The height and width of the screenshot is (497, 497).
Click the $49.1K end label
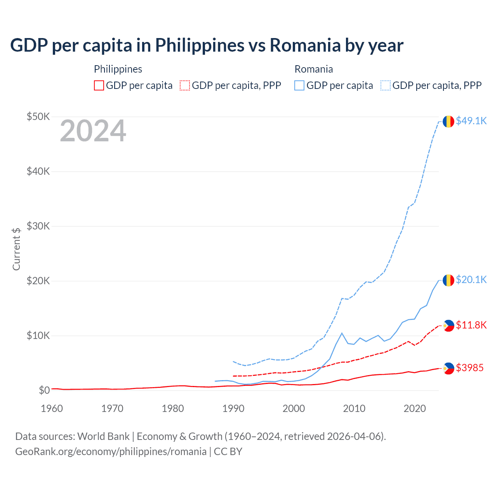pyautogui.click(x=471, y=121)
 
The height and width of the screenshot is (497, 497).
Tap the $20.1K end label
pyautogui.click(x=471, y=280)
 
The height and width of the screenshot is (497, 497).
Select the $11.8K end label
pyautogui.click(x=471, y=325)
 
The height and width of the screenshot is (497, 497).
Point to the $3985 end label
pyautogui.click(x=469, y=368)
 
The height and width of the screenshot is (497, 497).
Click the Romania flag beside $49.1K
pyautogui.click(x=448, y=121)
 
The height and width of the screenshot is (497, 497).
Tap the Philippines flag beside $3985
pyautogui.click(x=448, y=368)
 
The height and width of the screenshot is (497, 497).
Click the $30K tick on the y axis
pyautogui.click(x=38, y=226)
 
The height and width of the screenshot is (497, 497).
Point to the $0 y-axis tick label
pyautogui.click(x=44, y=390)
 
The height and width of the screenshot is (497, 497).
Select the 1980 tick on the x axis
pyautogui.click(x=173, y=408)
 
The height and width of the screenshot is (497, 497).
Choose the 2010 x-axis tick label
pyautogui.click(x=354, y=408)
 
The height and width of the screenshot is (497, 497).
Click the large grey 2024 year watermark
pyautogui.click(x=93, y=131)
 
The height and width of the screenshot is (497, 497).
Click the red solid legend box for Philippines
pyautogui.click(x=99, y=85)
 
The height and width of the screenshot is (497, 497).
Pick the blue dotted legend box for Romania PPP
pyautogui.click(x=386, y=85)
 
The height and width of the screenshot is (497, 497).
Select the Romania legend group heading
pyautogui.click(x=314, y=69)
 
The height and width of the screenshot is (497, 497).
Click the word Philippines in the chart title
pyautogui.click(x=200, y=45)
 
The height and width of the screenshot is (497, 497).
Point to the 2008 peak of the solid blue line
pyautogui.click(x=342, y=333)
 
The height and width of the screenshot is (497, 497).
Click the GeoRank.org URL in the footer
pyautogui.click(x=111, y=452)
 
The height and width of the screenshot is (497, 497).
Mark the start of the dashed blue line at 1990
pyautogui.click(x=233, y=361)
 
